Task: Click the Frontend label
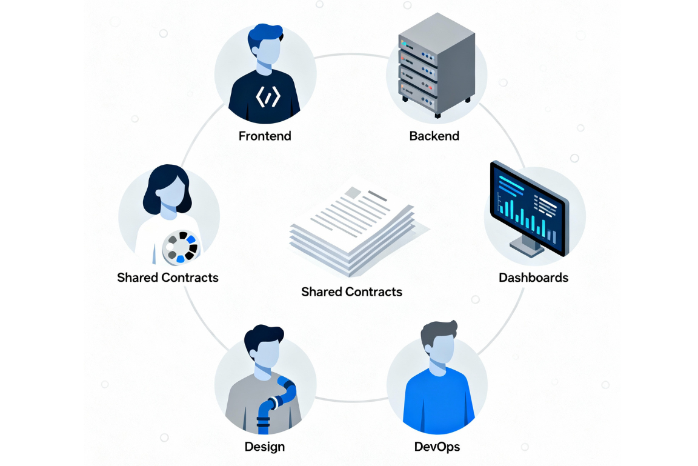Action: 265,136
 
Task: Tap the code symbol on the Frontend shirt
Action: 267,97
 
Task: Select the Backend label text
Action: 434,136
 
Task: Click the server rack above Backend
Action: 434,70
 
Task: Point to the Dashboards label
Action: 533,278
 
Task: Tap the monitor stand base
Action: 526,248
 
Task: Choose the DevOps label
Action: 437,447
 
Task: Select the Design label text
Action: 265,447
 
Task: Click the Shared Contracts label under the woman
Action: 168,278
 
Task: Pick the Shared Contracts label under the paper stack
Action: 351,291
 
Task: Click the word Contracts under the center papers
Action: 373,291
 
